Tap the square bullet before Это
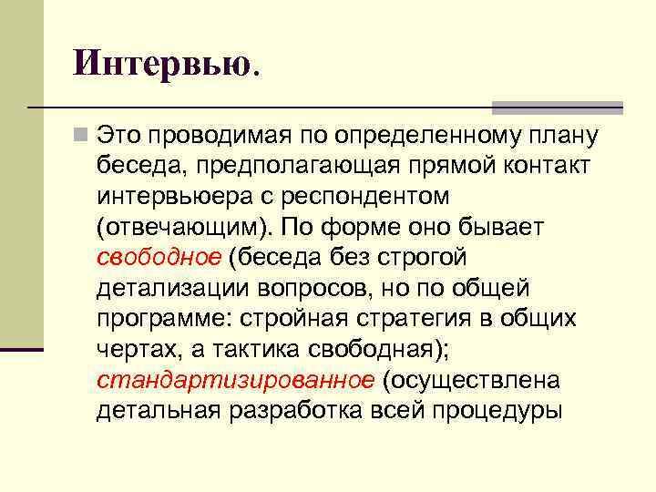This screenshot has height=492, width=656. (x=83, y=137)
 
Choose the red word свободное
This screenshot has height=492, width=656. (x=159, y=257)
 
